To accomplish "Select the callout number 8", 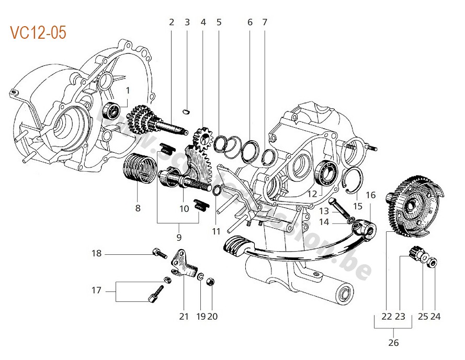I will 138,208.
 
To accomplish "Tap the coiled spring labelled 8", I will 139,167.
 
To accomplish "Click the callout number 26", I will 393,343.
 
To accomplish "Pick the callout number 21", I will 183,316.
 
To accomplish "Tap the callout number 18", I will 96,254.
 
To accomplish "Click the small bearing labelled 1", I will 112,110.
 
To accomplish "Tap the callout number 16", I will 370,195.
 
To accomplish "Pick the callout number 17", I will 96,290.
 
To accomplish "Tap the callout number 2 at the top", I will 171,22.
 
